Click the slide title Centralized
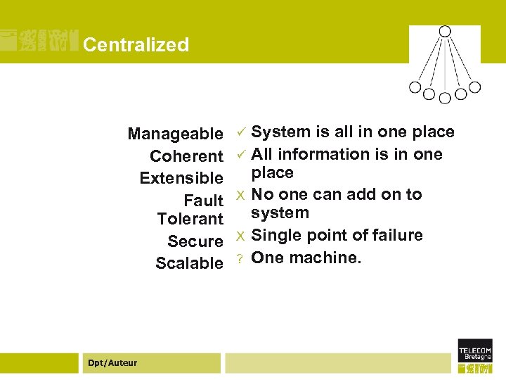tap(136, 44)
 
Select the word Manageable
tap(175, 134)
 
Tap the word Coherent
tap(186, 156)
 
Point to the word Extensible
tap(181, 178)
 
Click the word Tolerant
tap(190, 219)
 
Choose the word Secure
tap(195, 241)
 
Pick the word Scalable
tap(188, 263)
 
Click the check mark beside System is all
tap(240, 132)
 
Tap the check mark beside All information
tap(240, 154)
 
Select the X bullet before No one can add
tap(240, 195)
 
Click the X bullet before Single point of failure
tap(240, 236)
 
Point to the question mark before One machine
tap(240, 258)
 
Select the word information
tap(320, 154)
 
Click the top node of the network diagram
tap(445, 32)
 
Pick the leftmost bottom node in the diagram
tap(415, 87)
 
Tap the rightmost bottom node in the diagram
tap(475, 87)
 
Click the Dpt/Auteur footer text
tap(112, 362)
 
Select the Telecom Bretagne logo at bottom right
tap(475, 355)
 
